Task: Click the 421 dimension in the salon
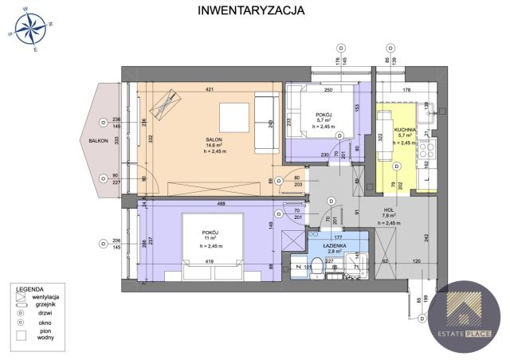click(210, 89)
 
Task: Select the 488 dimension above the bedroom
click(209, 202)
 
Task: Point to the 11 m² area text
click(210, 238)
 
